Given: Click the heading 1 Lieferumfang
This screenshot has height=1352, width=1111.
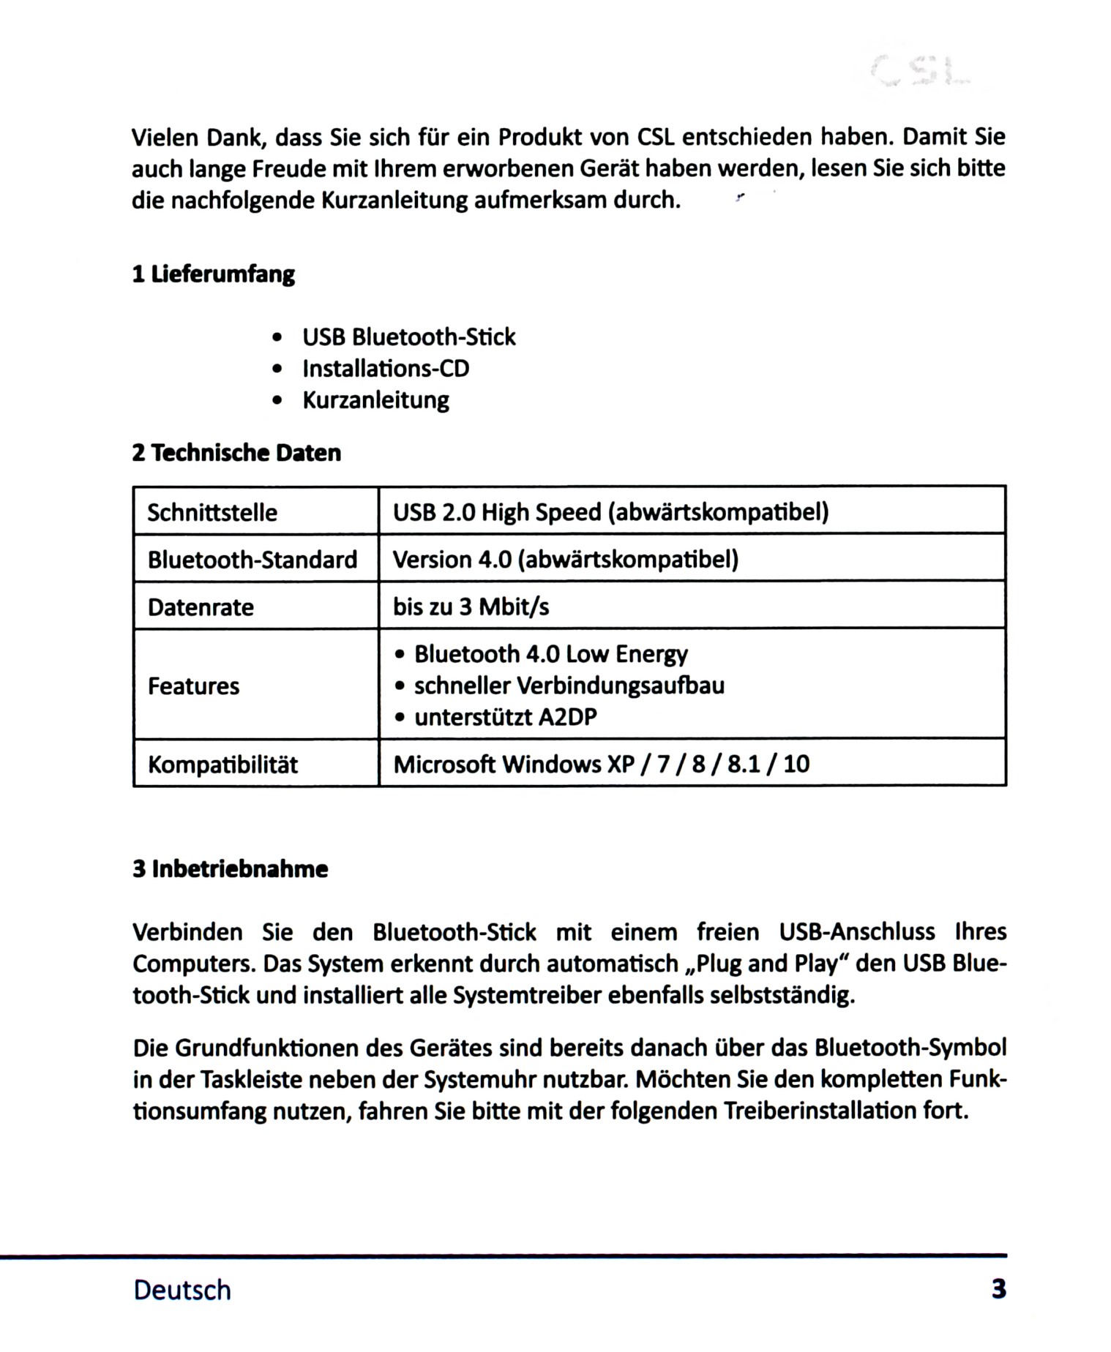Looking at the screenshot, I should [213, 274].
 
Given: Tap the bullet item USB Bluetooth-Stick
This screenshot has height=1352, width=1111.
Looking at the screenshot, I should [408, 337].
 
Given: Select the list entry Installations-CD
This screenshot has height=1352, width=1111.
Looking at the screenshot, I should [386, 369].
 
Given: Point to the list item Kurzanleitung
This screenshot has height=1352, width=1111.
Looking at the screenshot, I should [375, 400].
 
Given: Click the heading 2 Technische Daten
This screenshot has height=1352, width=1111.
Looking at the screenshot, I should [236, 453].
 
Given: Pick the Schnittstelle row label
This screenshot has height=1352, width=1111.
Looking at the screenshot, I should [212, 512].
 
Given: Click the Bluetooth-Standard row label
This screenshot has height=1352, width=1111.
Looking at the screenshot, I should [252, 560].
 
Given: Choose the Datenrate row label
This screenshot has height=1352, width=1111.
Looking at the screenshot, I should [201, 607].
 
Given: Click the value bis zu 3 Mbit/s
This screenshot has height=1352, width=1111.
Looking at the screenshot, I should [471, 607].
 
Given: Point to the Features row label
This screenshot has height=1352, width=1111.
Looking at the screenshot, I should [193, 686].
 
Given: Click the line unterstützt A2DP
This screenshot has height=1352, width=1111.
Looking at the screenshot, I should [505, 717].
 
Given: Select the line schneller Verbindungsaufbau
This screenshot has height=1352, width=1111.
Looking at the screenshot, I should [569, 686].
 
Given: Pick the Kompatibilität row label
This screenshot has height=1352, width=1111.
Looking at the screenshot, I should [222, 765].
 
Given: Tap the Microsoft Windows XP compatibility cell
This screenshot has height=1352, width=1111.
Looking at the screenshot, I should [601, 765].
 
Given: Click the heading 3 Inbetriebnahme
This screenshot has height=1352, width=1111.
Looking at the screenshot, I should [230, 869].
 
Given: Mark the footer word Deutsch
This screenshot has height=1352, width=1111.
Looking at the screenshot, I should [182, 1290].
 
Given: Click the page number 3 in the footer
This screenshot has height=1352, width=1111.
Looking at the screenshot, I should [998, 1288].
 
